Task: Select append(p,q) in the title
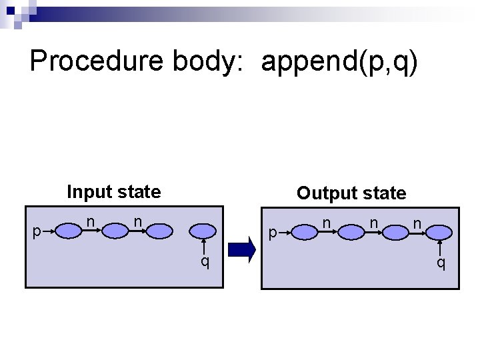[340, 61]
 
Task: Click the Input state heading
[114, 192]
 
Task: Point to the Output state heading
[351, 193]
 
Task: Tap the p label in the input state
[37, 231]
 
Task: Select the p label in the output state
[272, 233]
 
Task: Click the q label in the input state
[205, 261]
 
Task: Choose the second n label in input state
[137, 219]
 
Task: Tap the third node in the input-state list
[159, 231]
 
